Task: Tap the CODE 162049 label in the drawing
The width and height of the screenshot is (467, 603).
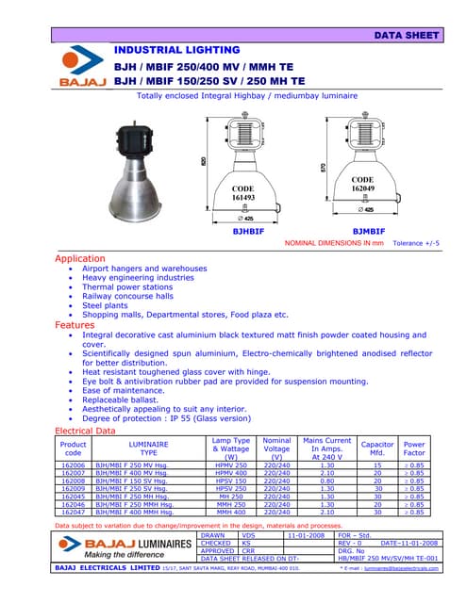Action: coord(361,184)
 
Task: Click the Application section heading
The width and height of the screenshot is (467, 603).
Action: coord(80,257)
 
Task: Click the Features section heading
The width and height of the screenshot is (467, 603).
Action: coord(75,324)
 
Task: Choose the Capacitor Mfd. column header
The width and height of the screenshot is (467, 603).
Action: coord(377,448)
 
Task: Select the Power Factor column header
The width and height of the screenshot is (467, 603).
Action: coord(413,448)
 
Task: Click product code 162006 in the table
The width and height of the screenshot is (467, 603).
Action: coord(73,465)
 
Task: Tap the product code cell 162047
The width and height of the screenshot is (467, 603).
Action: coord(73,512)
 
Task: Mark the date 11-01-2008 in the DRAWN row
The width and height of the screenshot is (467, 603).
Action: coord(307,535)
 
